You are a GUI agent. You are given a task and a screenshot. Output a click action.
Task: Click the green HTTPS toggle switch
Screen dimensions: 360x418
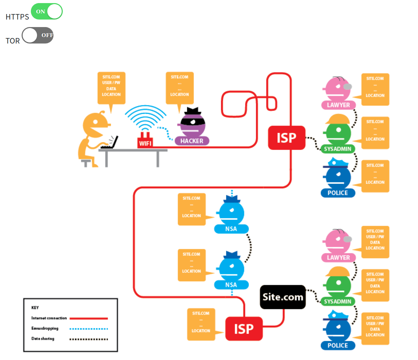(x=47, y=12)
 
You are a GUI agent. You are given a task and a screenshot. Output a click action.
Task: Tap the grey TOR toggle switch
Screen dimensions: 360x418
(x=38, y=35)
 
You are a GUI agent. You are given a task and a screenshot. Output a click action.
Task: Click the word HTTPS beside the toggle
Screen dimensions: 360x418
(x=17, y=17)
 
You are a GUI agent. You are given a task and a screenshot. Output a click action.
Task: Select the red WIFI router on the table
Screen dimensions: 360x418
(x=145, y=141)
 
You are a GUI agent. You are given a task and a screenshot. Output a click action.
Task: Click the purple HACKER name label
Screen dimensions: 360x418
(x=192, y=141)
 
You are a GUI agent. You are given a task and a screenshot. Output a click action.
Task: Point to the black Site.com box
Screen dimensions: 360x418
(x=283, y=297)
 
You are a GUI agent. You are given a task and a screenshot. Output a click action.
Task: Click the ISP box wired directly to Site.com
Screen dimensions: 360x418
(x=244, y=329)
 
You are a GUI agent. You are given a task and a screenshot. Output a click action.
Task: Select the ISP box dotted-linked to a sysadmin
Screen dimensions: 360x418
(x=286, y=138)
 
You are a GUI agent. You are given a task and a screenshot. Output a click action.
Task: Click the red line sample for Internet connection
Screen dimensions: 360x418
(x=88, y=318)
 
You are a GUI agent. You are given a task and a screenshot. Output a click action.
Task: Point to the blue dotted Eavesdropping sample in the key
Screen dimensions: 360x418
(x=88, y=328)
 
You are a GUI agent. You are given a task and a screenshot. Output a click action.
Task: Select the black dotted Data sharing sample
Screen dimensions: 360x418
(x=88, y=339)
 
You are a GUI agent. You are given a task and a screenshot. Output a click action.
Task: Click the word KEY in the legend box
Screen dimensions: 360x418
(x=35, y=308)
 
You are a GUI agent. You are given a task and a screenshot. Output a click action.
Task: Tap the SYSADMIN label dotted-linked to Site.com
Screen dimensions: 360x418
(x=338, y=301)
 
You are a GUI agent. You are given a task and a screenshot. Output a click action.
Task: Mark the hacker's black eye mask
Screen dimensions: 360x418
(x=193, y=121)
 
